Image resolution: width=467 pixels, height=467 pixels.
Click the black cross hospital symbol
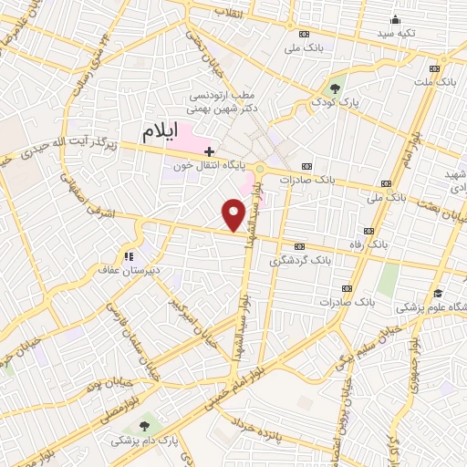coord(210,150)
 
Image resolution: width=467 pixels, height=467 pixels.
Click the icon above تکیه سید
coord(394,19)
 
